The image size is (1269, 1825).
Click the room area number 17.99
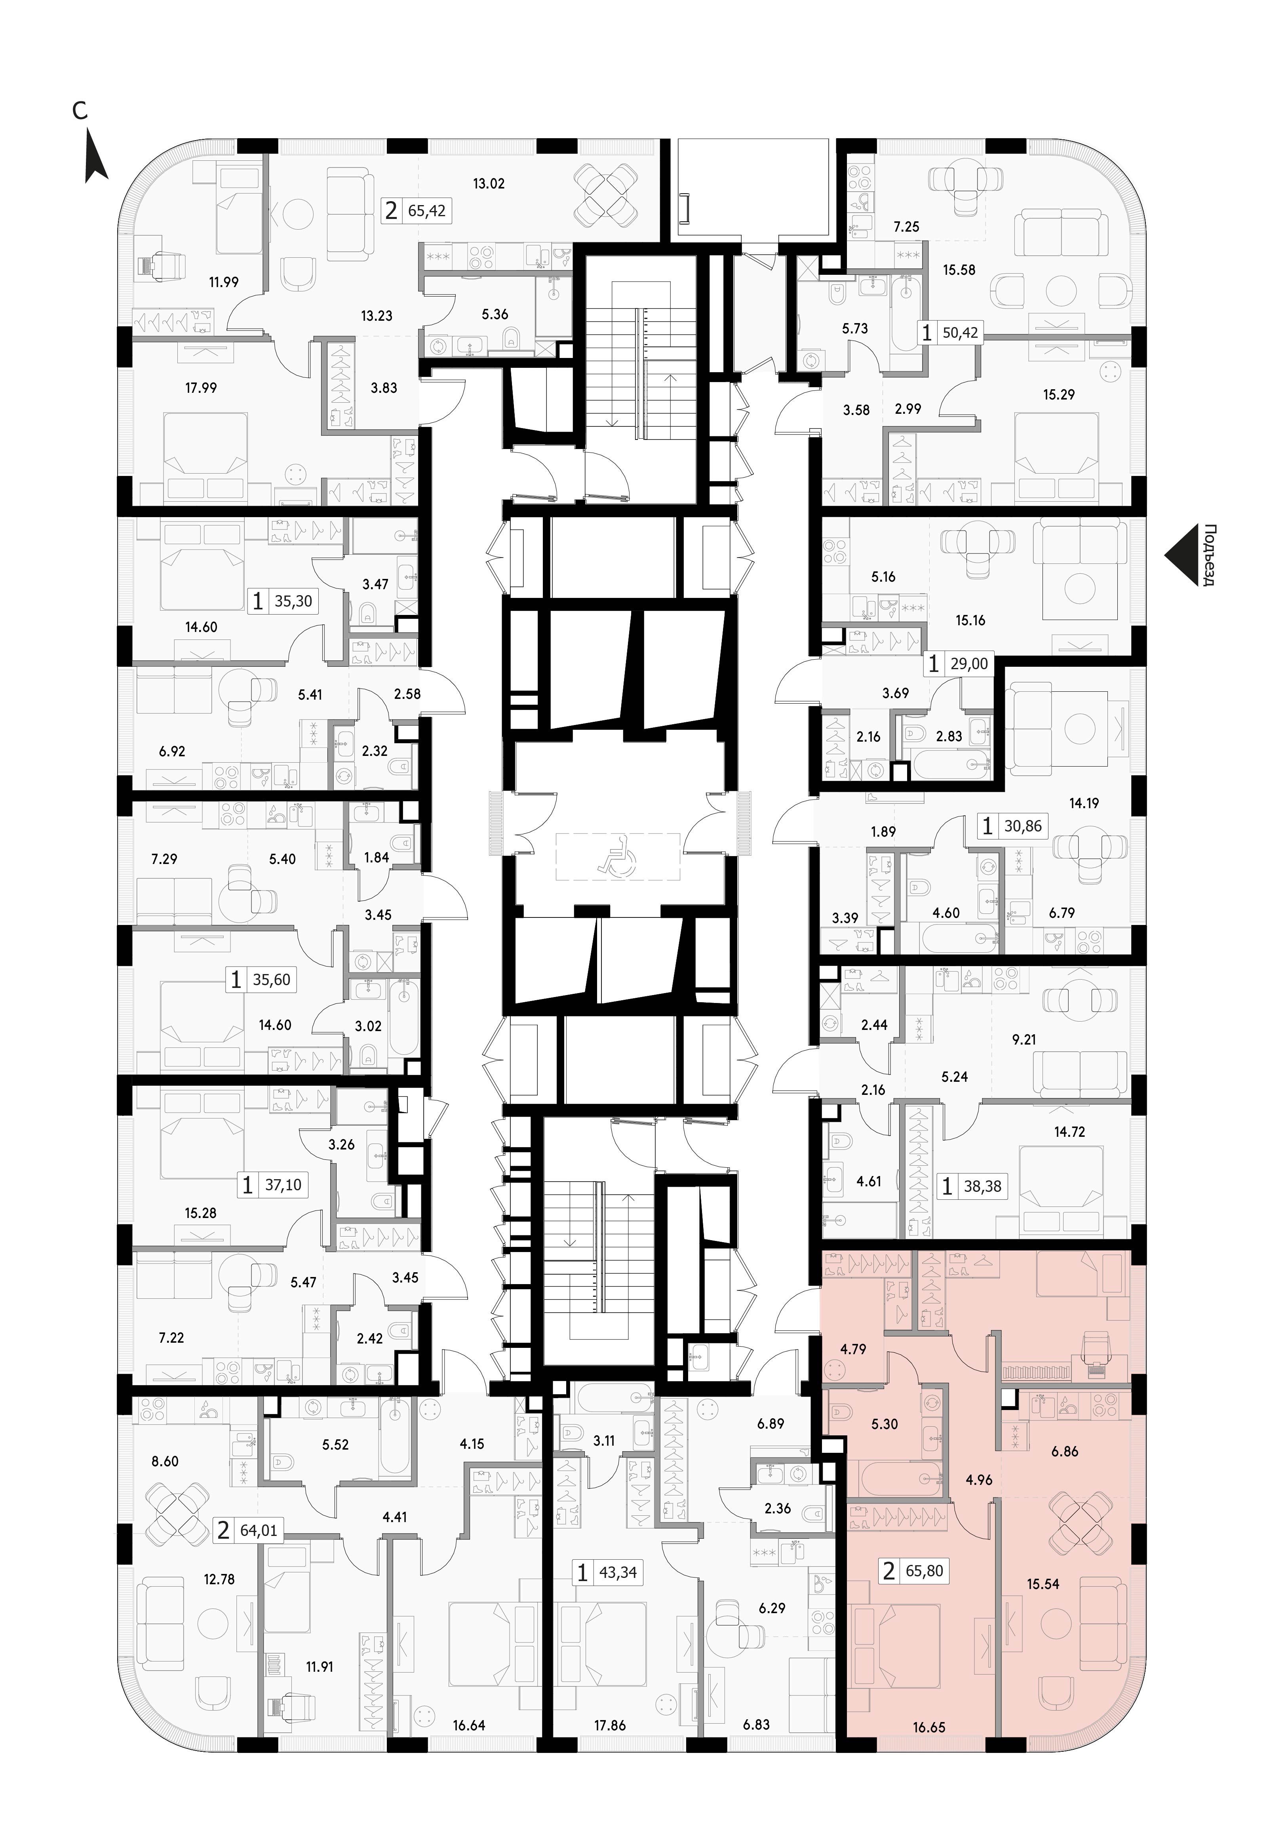[201, 388]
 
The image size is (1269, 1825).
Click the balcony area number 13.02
[489, 184]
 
